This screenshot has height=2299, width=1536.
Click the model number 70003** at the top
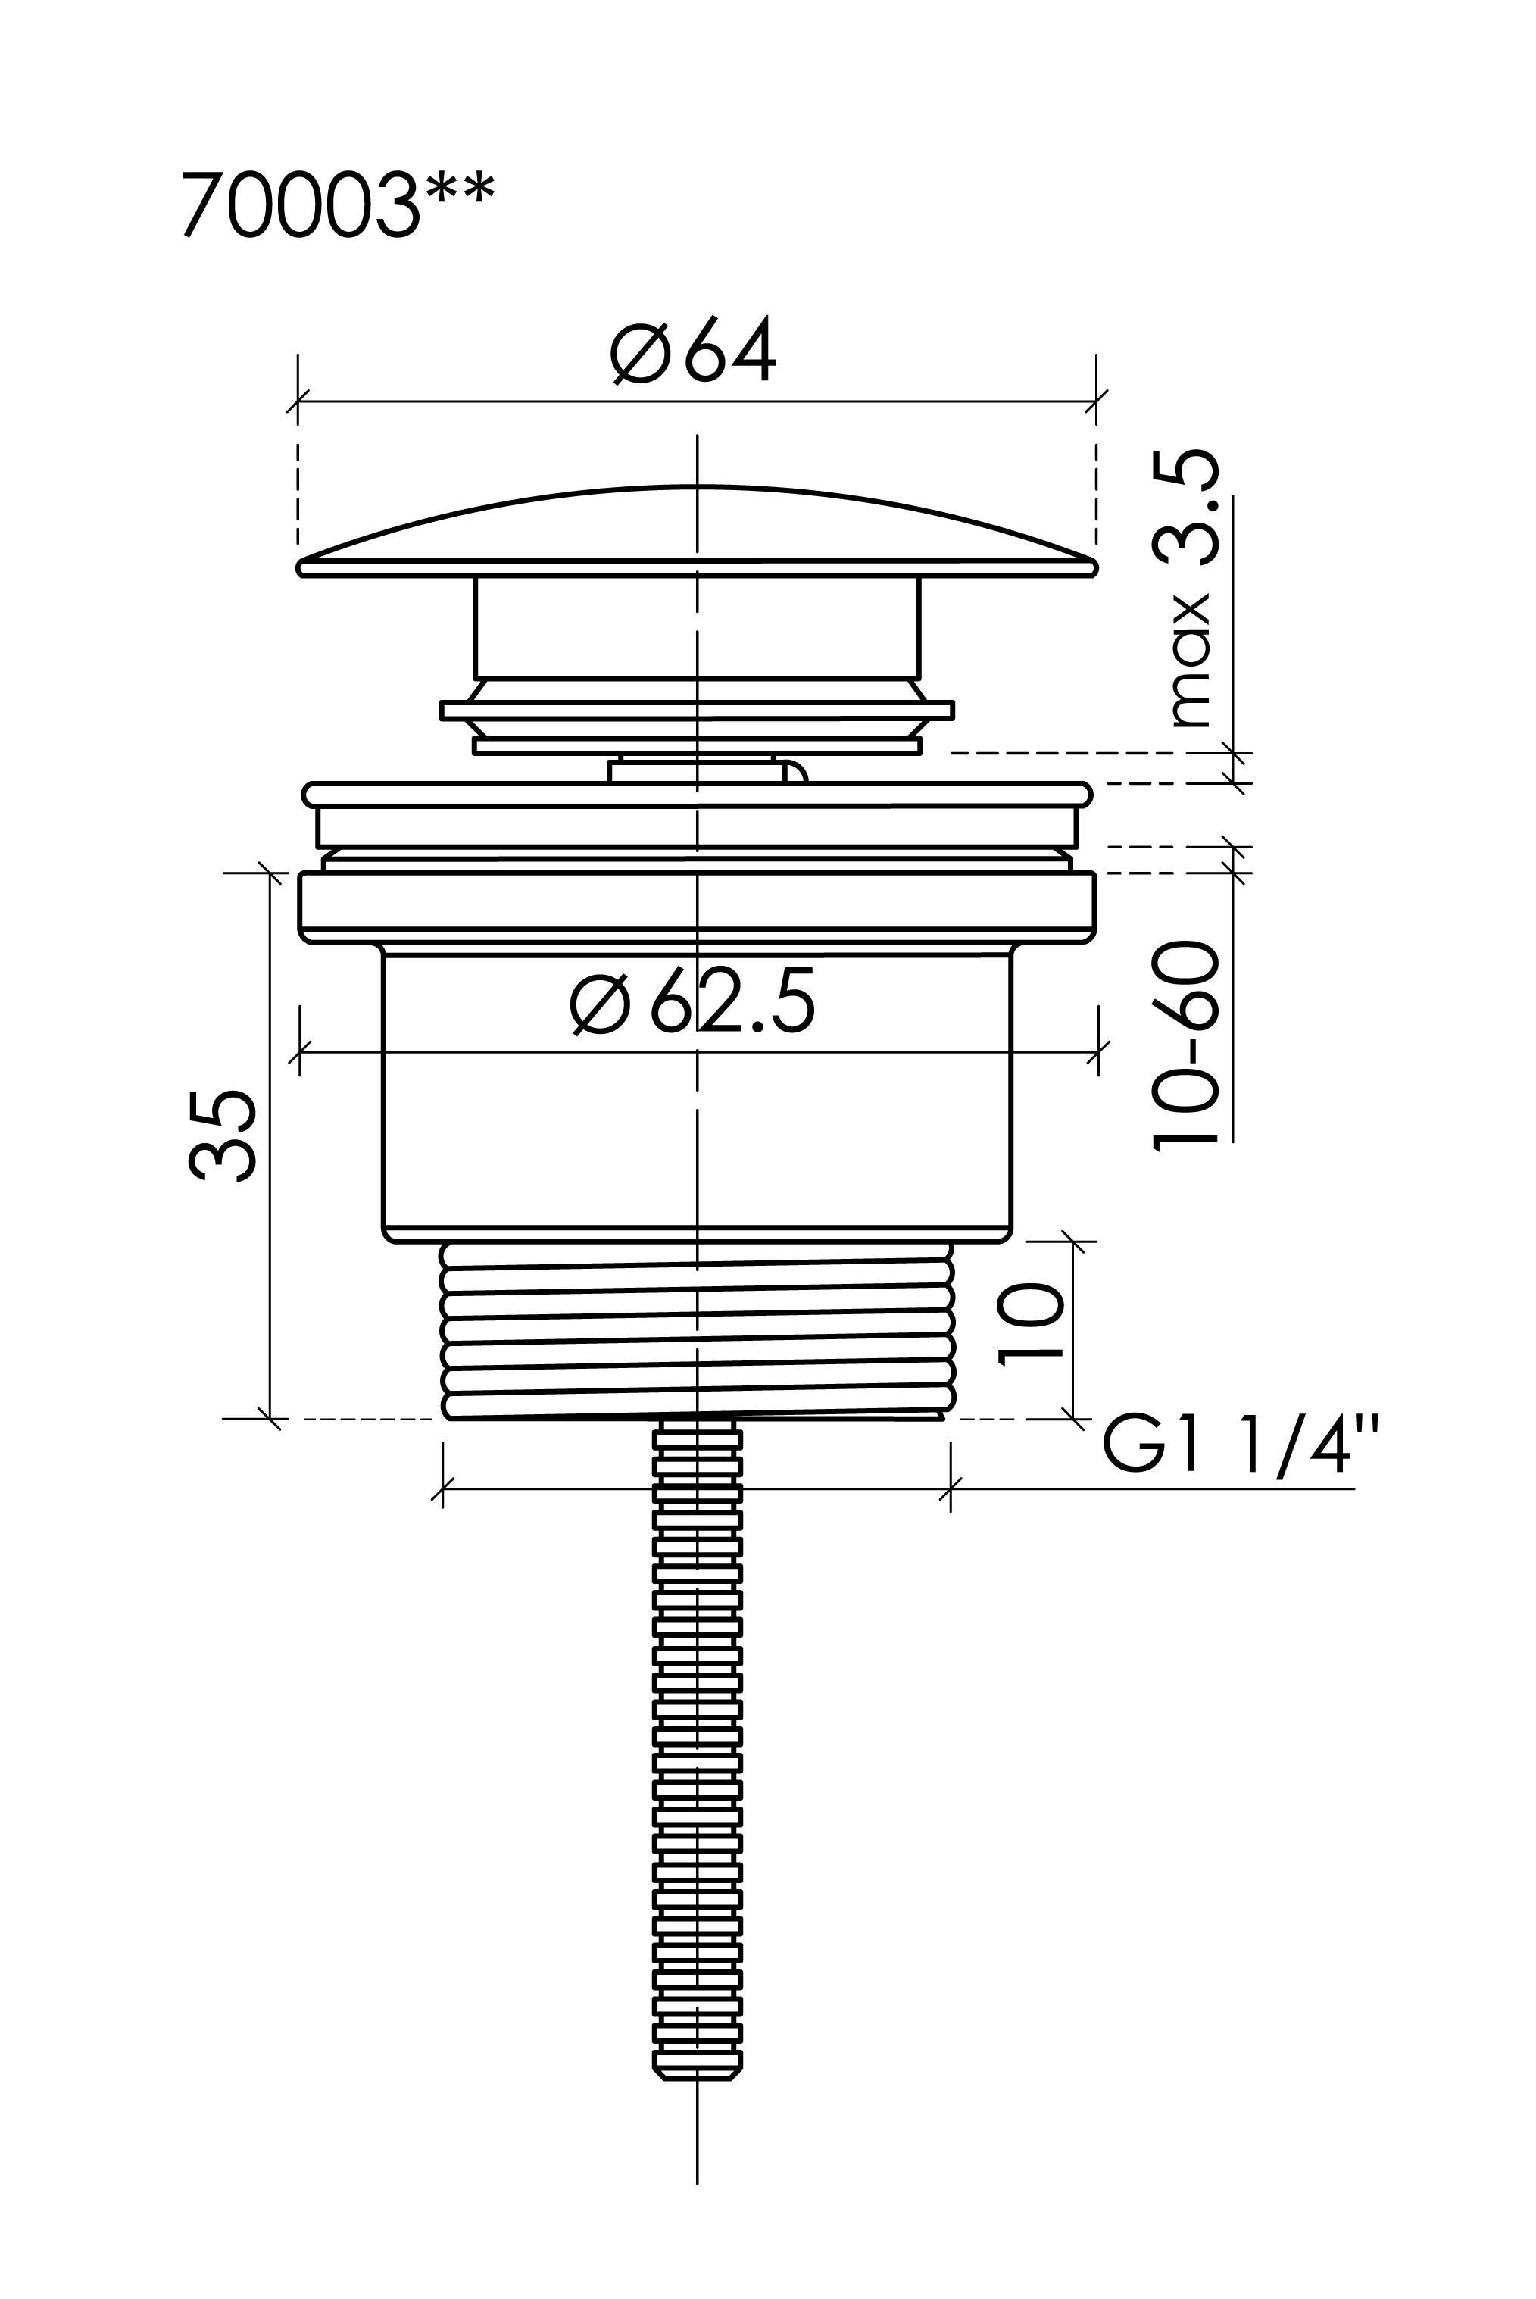tap(338, 205)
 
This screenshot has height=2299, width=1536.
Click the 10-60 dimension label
tap(1185, 1045)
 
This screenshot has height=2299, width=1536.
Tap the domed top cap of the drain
tap(697, 531)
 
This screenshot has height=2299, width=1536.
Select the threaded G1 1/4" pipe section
tap(698, 1330)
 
